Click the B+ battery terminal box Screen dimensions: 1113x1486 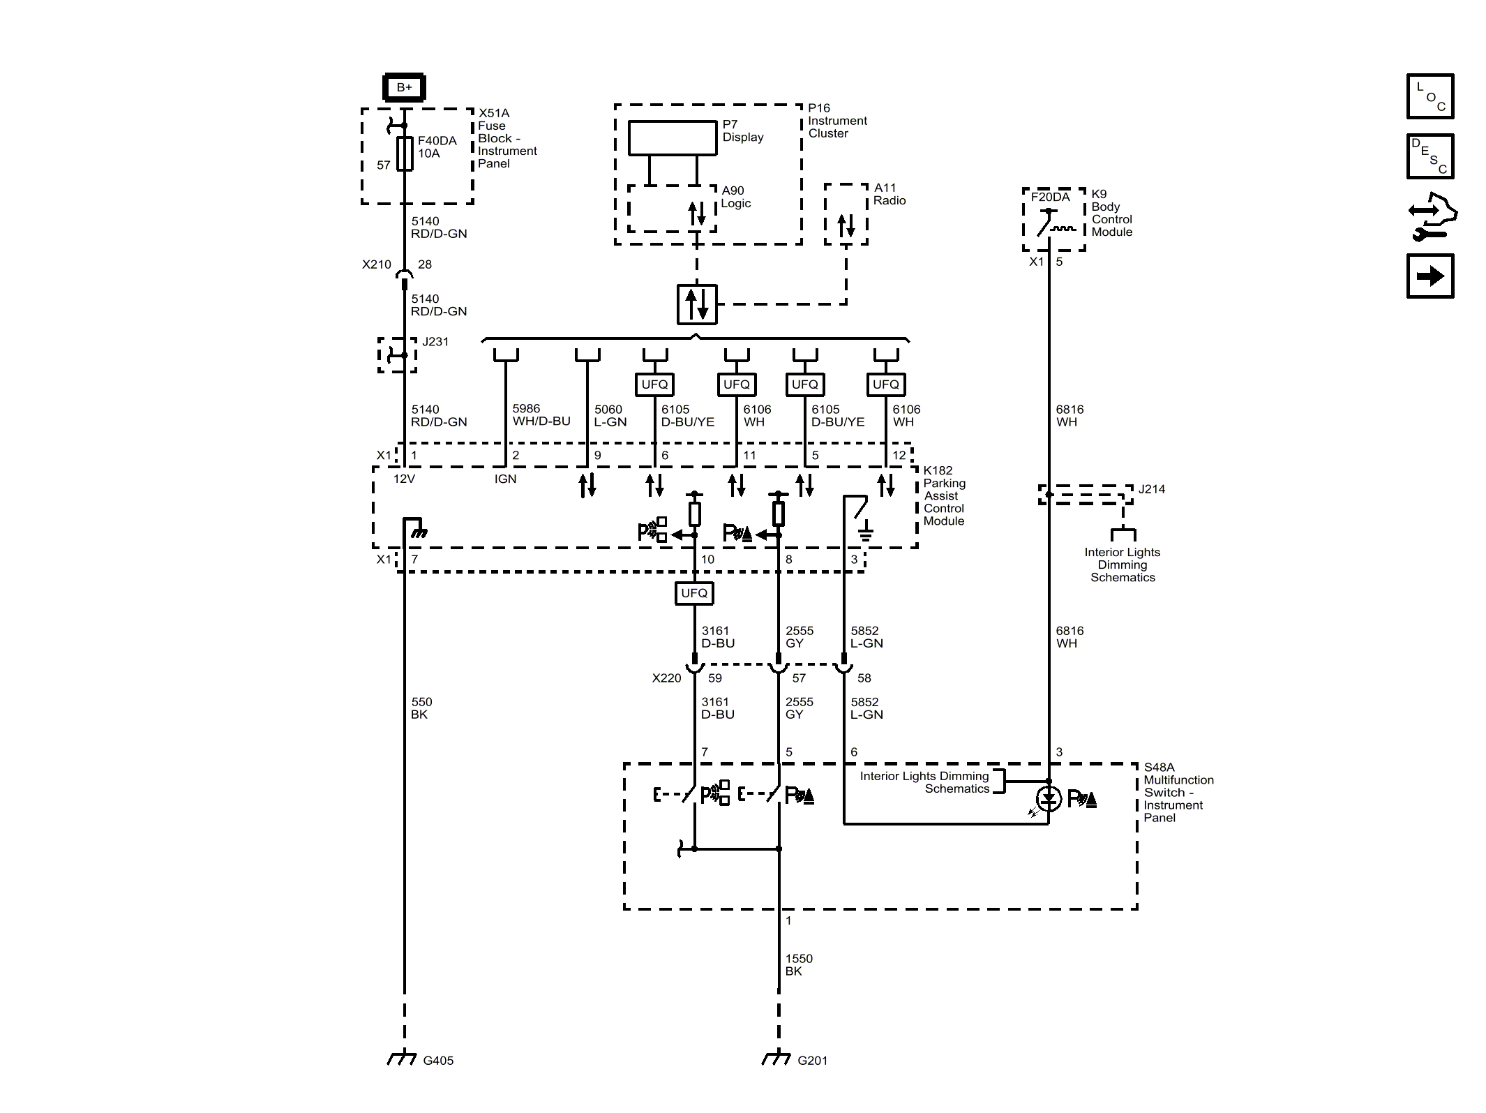[x=404, y=87]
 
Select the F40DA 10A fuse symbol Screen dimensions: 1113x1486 [x=405, y=154]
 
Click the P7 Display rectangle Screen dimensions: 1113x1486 [x=673, y=138]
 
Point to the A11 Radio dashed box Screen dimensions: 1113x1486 [x=846, y=214]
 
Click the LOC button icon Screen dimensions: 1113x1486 [x=1429, y=96]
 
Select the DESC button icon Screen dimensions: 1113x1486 [x=1429, y=156]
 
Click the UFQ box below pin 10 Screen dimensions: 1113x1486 [x=694, y=593]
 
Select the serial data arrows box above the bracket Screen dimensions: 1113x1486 [x=697, y=304]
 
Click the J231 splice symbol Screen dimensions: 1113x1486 [x=398, y=355]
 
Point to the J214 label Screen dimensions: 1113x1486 [x=1151, y=489]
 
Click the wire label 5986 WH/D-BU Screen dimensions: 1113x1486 [x=541, y=415]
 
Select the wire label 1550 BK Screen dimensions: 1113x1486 [x=798, y=965]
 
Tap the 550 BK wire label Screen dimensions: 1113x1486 [x=421, y=708]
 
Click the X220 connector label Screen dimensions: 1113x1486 [x=666, y=678]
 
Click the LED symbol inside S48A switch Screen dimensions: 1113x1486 [x=1049, y=798]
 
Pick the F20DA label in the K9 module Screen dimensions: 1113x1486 [x=1050, y=197]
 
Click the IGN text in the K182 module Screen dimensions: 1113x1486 [x=505, y=479]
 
